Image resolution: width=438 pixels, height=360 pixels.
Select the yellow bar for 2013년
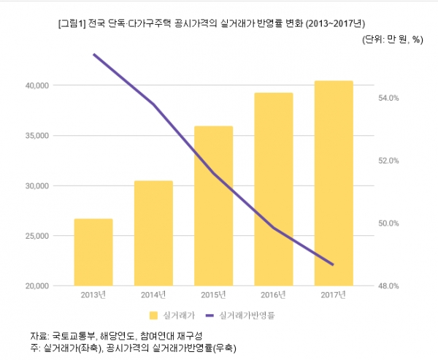coord(93,252)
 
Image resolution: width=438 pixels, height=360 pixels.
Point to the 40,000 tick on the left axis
coord(36,85)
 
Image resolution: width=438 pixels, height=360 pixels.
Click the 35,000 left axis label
coord(36,136)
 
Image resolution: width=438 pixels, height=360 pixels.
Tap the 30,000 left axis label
coord(36,186)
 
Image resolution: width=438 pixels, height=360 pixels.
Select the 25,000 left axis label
coord(36,236)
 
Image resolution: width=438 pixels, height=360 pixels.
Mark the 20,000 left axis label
coord(36,286)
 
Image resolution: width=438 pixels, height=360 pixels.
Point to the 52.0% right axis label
coord(388,161)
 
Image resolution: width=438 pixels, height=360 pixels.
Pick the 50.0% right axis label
coord(388,223)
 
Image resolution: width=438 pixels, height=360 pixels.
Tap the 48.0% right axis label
coord(388,286)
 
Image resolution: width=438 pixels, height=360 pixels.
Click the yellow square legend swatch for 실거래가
coord(153,316)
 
